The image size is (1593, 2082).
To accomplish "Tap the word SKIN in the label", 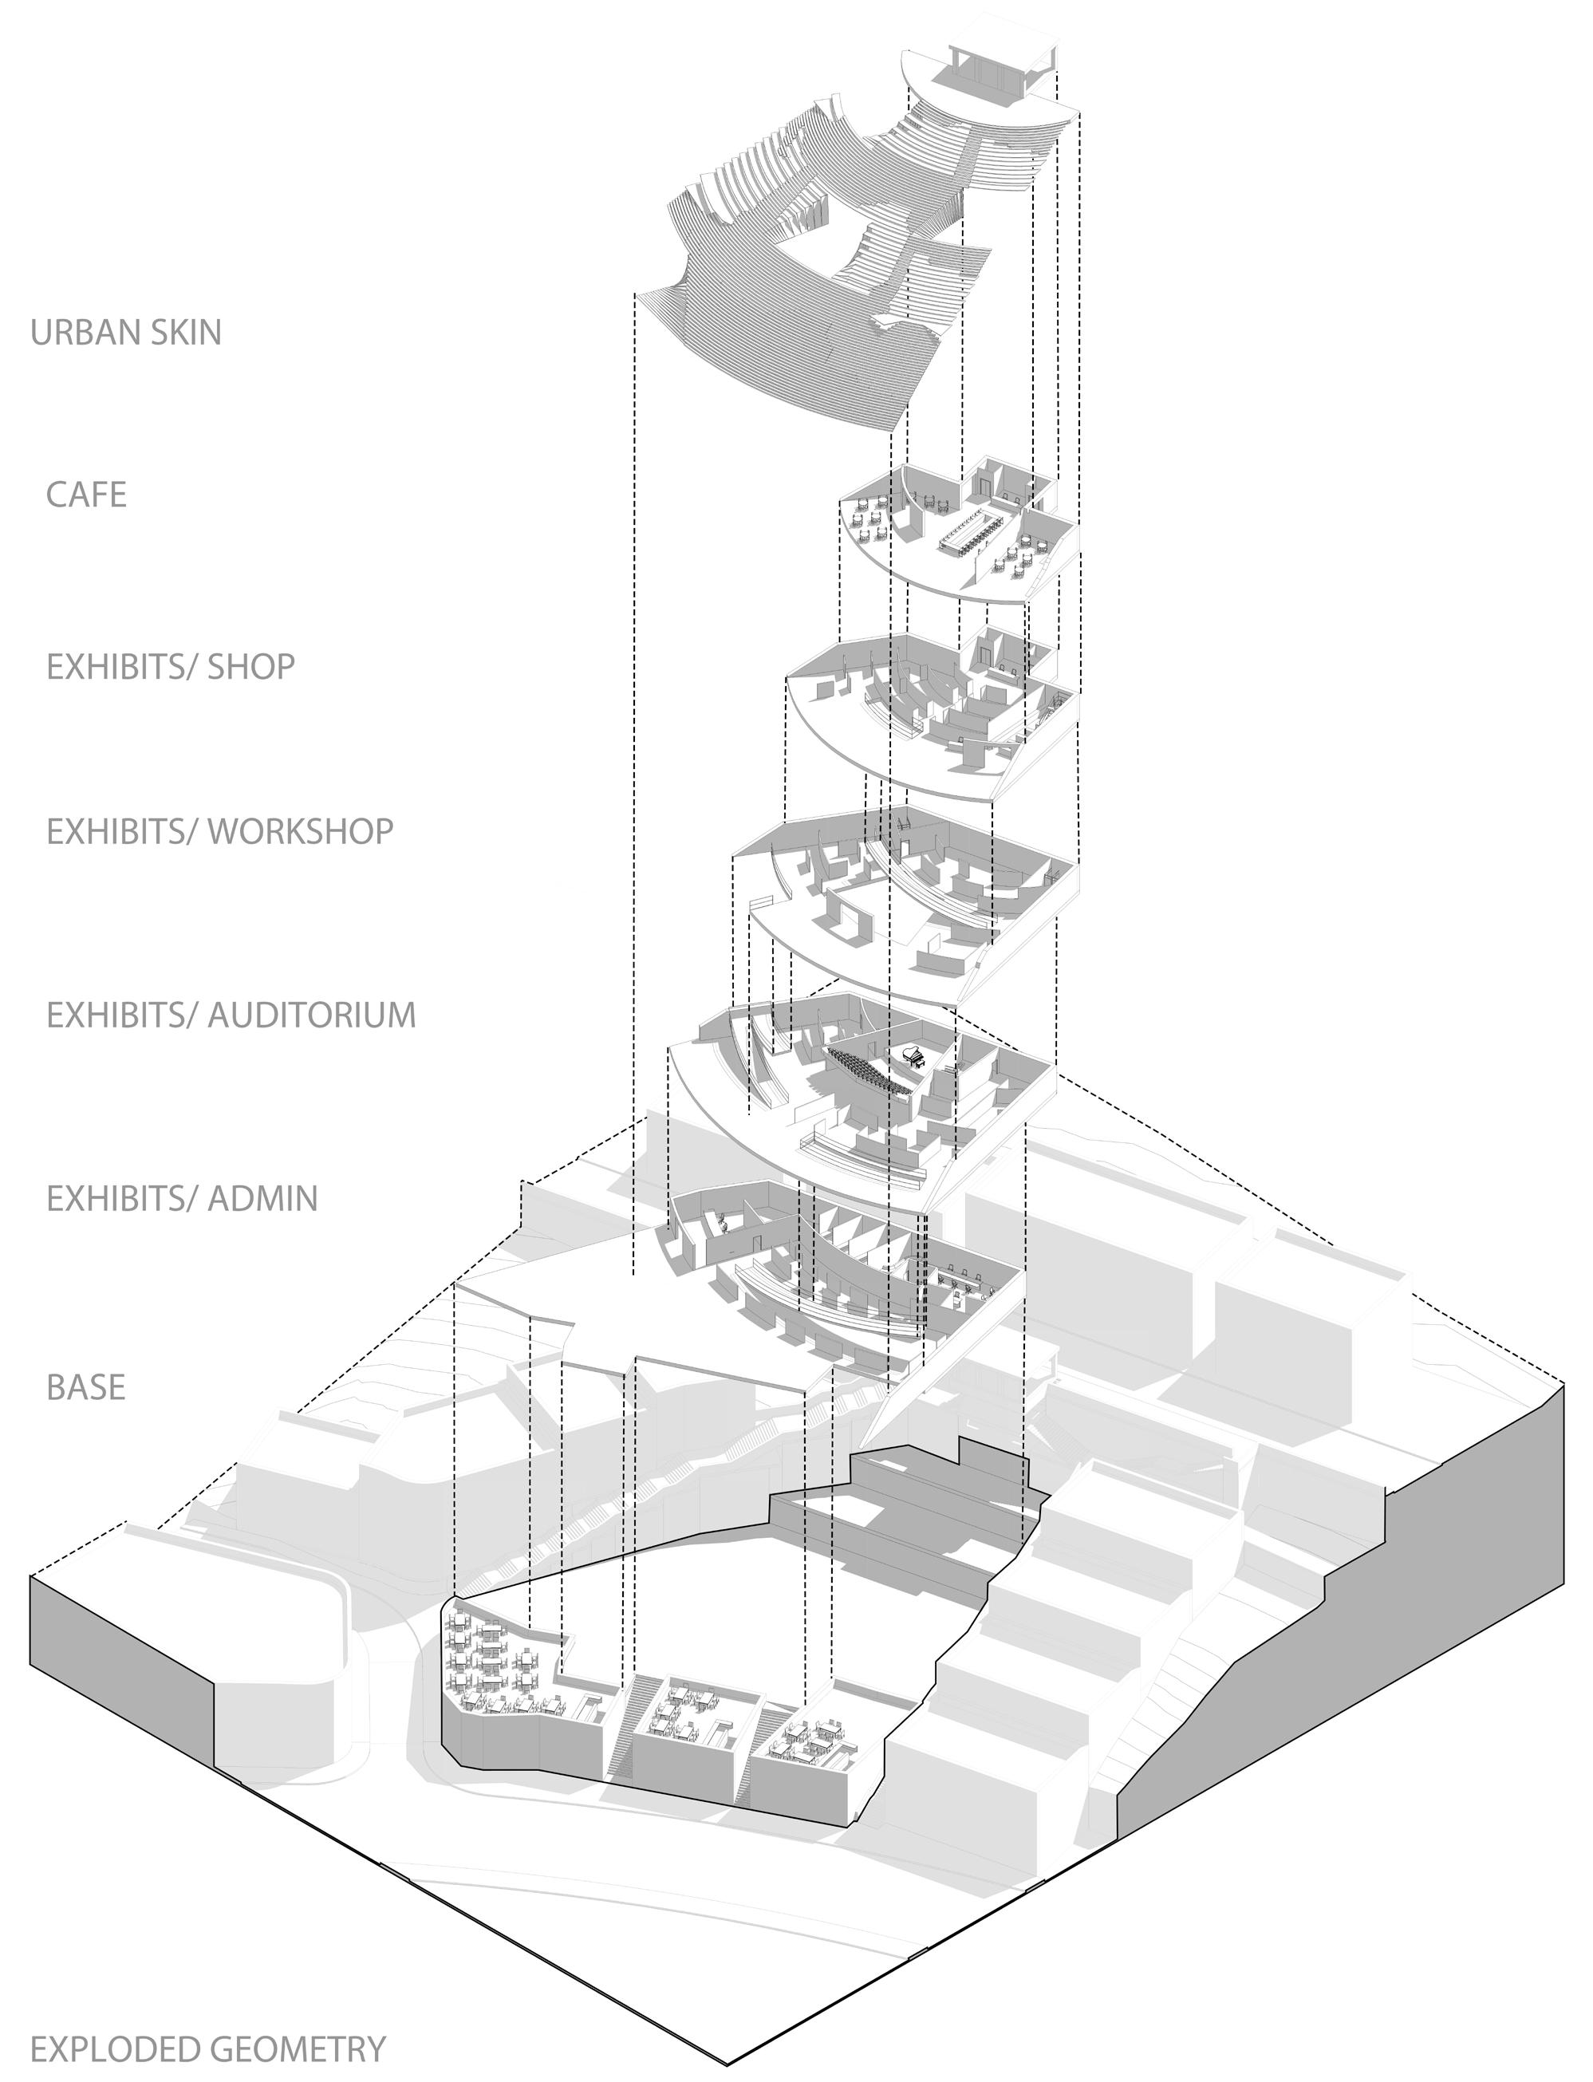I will coord(185,333).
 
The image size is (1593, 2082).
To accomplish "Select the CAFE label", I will coord(86,495).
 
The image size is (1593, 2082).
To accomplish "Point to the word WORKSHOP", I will coord(300,830).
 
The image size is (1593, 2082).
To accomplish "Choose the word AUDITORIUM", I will coord(311,1015).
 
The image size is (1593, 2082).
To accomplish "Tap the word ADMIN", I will coord(262,1198).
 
